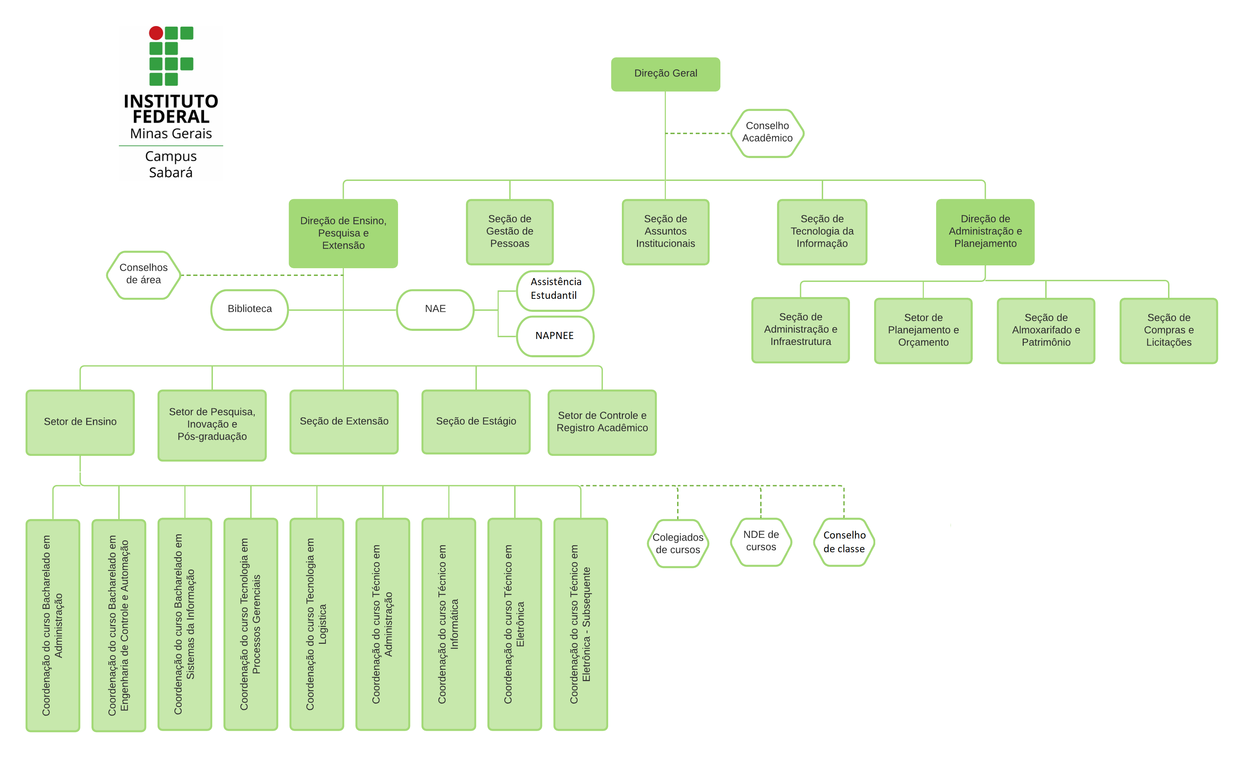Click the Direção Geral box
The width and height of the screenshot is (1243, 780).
[665, 74]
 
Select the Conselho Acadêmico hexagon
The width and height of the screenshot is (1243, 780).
[767, 133]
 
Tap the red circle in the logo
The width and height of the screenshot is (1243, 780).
[156, 33]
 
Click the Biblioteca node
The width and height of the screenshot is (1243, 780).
[250, 309]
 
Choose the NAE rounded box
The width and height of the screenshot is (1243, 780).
[435, 309]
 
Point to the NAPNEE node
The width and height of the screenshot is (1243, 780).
[554, 336]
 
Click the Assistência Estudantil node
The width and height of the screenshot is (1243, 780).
[555, 289]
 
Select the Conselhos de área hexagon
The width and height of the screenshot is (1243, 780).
[143, 275]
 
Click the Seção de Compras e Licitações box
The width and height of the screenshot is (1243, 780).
[1168, 330]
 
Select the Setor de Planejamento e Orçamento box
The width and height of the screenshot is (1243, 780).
[923, 330]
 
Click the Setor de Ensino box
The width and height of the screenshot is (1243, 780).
[80, 422]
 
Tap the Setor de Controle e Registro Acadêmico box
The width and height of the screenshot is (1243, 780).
[602, 422]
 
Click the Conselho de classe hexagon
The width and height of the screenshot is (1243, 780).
[844, 542]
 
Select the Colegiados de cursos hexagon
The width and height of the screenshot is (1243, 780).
[678, 543]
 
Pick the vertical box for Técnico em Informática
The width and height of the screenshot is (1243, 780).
[448, 624]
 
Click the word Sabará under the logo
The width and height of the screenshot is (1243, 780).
[171, 173]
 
